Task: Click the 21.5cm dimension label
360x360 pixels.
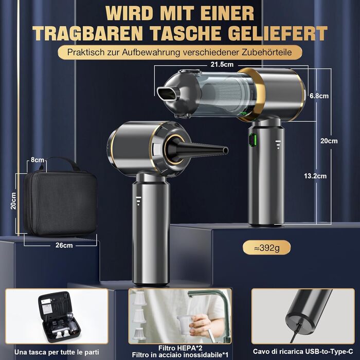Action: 222,64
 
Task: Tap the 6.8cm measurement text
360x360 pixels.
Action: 319,96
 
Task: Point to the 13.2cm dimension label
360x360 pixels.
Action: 315,176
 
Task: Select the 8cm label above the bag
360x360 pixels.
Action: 37,160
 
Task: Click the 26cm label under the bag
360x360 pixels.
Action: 64,245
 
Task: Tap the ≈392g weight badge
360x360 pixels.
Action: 267,248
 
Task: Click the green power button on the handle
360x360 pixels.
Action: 253,139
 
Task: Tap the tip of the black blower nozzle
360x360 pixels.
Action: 226,151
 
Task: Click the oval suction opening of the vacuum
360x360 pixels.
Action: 168,94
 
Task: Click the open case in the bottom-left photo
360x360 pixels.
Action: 59,317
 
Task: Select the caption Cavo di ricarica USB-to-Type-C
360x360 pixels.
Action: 303,351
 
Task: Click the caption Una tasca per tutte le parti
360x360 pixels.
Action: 57,352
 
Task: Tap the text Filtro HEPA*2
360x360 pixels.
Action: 180,348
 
